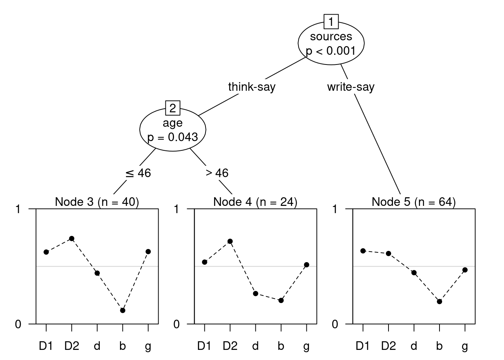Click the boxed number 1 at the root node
click(x=331, y=22)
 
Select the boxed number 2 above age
click(x=172, y=108)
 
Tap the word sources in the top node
click(x=331, y=36)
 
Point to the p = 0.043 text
click(x=172, y=137)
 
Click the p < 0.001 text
click(x=331, y=51)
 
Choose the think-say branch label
click(x=252, y=87)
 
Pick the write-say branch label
click(x=351, y=87)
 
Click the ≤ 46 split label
click(x=138, y=173)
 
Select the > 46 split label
click(x=217, y=173)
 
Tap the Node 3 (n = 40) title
click(x=97, y=202)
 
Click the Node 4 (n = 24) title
click(x=255, y=202)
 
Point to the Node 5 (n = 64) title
click(x=414, y=202)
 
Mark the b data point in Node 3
click(x=123, y=310)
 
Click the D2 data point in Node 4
click(x=230, y=241)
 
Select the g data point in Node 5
click(x=465, y=270)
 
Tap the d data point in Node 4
click(x=255, y=293)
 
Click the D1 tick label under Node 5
click(x=363, y=346)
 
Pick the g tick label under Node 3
click(x=148, y=347)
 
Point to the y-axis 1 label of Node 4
click(x=176, y=209)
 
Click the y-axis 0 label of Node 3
click(x=18, y=324)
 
